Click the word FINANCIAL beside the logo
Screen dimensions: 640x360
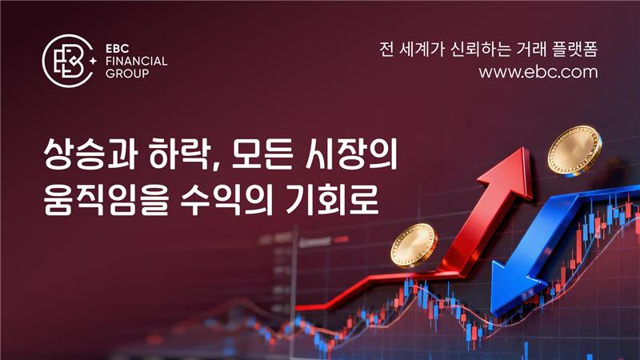[136, 62]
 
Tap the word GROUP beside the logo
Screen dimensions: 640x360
[127, 74]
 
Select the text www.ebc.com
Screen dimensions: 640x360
[538, 72]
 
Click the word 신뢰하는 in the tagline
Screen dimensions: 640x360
[480, 50]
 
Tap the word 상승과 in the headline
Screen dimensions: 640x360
[90, 154]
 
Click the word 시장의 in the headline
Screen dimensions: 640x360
[351, 154]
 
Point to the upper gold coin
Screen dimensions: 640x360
[574, 150]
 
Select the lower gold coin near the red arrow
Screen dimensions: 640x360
[414, 246]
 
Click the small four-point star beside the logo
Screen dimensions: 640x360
[93, 61]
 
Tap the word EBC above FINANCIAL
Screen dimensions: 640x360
[118, 49]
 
